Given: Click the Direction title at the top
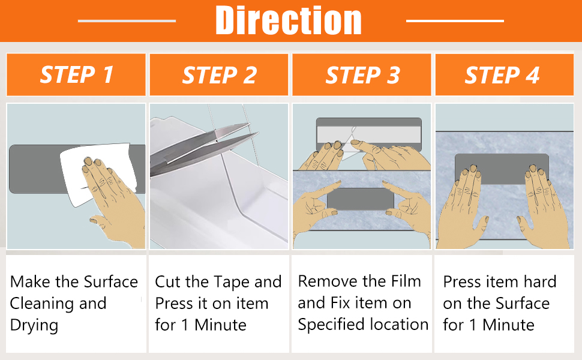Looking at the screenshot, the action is coord(289,20).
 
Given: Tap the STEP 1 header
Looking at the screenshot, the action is coord(76,74).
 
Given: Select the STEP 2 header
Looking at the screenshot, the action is coord(219,74).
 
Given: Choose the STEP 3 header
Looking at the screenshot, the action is coord(362,74).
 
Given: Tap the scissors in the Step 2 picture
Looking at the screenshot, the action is coord(200,148).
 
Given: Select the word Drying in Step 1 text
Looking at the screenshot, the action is coord(34,326).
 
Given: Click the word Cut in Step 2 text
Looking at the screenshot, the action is coord(166,282).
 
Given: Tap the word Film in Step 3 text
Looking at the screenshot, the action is coord(406,281).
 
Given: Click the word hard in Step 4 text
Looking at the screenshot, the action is coord(540,281).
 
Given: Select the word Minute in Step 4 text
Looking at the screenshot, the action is coord(509,325).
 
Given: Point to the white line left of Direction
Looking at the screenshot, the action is coord(127,21).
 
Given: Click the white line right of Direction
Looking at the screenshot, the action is coord(455,21).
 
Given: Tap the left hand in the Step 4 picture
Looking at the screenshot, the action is coord(462,208).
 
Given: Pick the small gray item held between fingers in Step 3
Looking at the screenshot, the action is coord(361,199).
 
